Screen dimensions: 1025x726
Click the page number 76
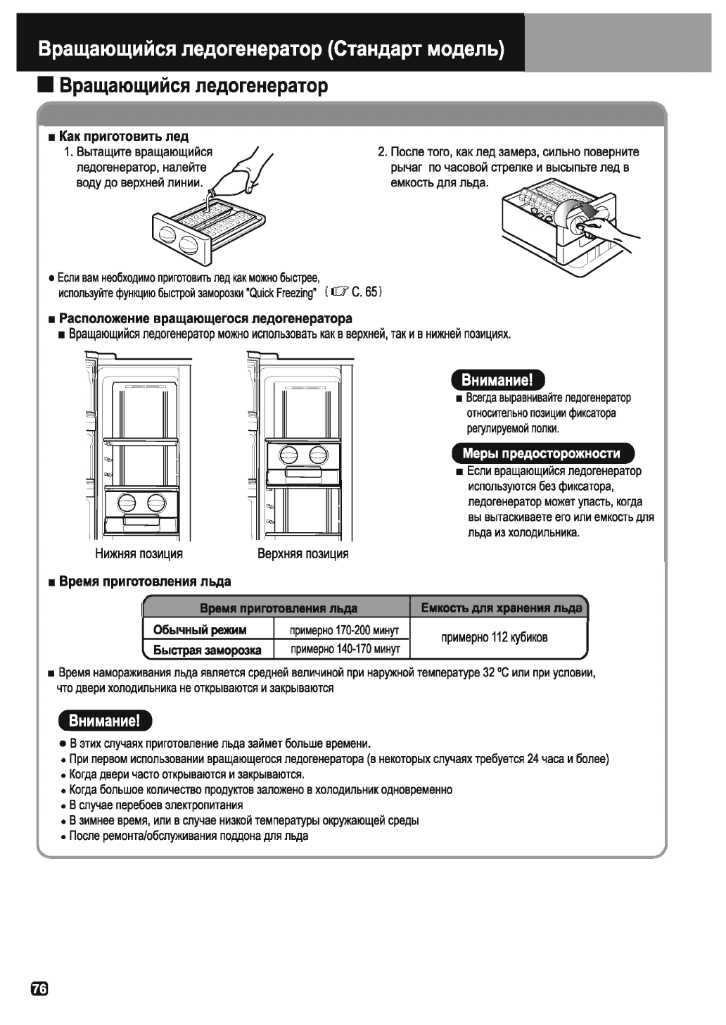(39, 989)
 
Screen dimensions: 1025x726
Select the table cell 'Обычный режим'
(200, 629)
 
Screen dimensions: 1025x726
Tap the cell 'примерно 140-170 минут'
(345, 648)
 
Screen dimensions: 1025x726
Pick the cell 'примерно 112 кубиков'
(494, 638)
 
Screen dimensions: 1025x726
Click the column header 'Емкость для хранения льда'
(501, 608)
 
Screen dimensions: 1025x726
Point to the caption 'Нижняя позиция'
(139, 553)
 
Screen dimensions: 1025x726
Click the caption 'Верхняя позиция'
(302, 553)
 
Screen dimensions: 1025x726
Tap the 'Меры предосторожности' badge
(541, 453)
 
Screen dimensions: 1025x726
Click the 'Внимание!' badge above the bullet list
(105, 721)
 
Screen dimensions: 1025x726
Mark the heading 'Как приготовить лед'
(124, 136)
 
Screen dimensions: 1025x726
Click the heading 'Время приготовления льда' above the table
(145, 581)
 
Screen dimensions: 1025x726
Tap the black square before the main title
(46, 86)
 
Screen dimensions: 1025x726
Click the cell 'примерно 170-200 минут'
(345, 629)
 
